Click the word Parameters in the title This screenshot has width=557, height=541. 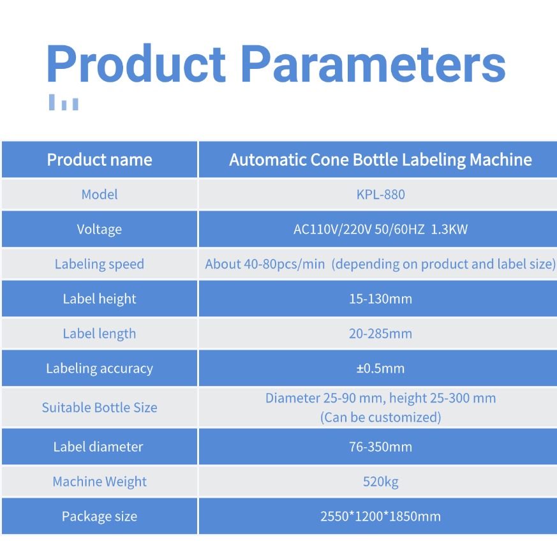click(373, 64)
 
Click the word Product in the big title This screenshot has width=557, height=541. click(136, 63)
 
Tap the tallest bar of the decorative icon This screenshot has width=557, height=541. click(52, 102)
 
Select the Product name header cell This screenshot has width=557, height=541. click(100, 159)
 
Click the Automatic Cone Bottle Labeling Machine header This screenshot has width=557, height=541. click(380, 159)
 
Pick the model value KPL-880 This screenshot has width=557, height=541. click(380, 195)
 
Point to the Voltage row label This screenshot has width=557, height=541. click(100, 229)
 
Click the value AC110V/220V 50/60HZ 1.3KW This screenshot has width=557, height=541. click(380, 229)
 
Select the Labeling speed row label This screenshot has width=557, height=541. click(100, 264)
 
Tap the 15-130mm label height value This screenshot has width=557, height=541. click(380, 299)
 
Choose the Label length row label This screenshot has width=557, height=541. click(100, 334)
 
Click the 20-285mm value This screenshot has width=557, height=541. click(380, 334)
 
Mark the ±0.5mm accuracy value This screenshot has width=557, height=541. click(380, 368)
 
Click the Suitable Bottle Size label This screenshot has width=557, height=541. click(100, 408)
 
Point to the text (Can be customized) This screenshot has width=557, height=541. click(380, 417)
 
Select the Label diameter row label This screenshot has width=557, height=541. click(98, 447)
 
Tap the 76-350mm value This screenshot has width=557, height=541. click(380, 447)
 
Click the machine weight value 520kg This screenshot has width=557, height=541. click(380, 482)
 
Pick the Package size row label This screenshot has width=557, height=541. click(100, 516)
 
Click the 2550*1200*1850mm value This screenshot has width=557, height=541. click(380, 516)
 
